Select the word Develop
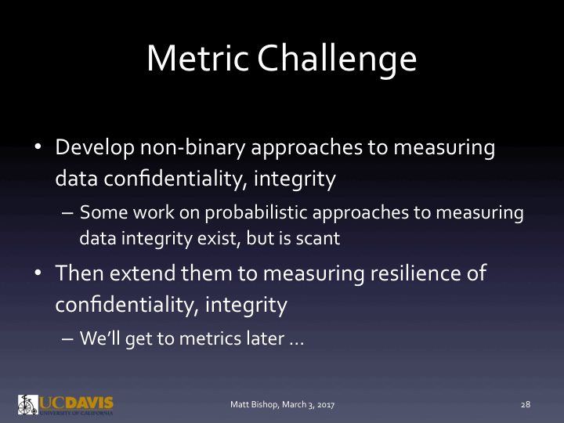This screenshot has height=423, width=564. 95,148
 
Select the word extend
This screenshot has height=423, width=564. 139,274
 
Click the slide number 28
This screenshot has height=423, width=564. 526,404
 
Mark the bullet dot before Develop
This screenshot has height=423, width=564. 37,147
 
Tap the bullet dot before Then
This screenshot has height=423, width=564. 37,273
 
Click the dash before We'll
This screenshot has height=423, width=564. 66,342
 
